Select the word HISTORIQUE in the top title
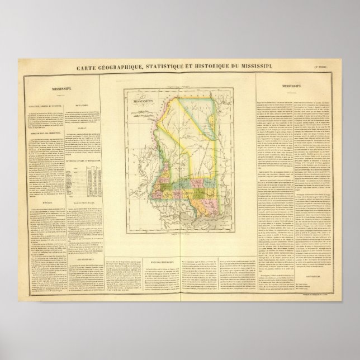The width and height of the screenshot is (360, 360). click(x=230, y=68)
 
